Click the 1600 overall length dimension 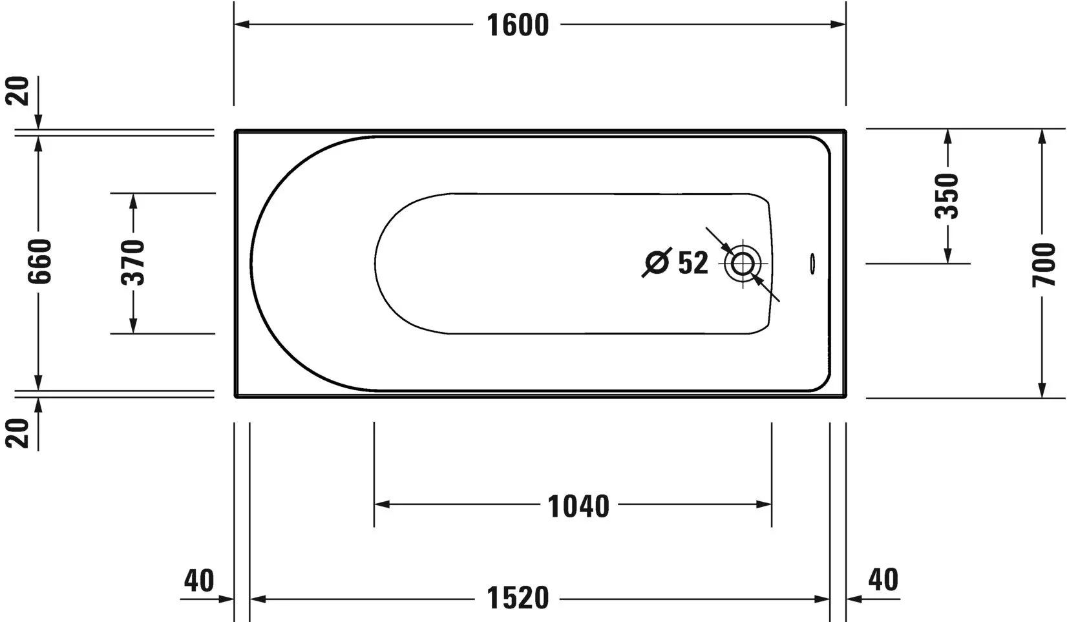point(517,25)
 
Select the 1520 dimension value point(517,598)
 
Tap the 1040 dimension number point(578,506)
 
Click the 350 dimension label point(947,196)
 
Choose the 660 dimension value point(39,262)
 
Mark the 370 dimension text point(133,263)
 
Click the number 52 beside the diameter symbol point(693,263)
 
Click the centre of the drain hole point(743,263)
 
